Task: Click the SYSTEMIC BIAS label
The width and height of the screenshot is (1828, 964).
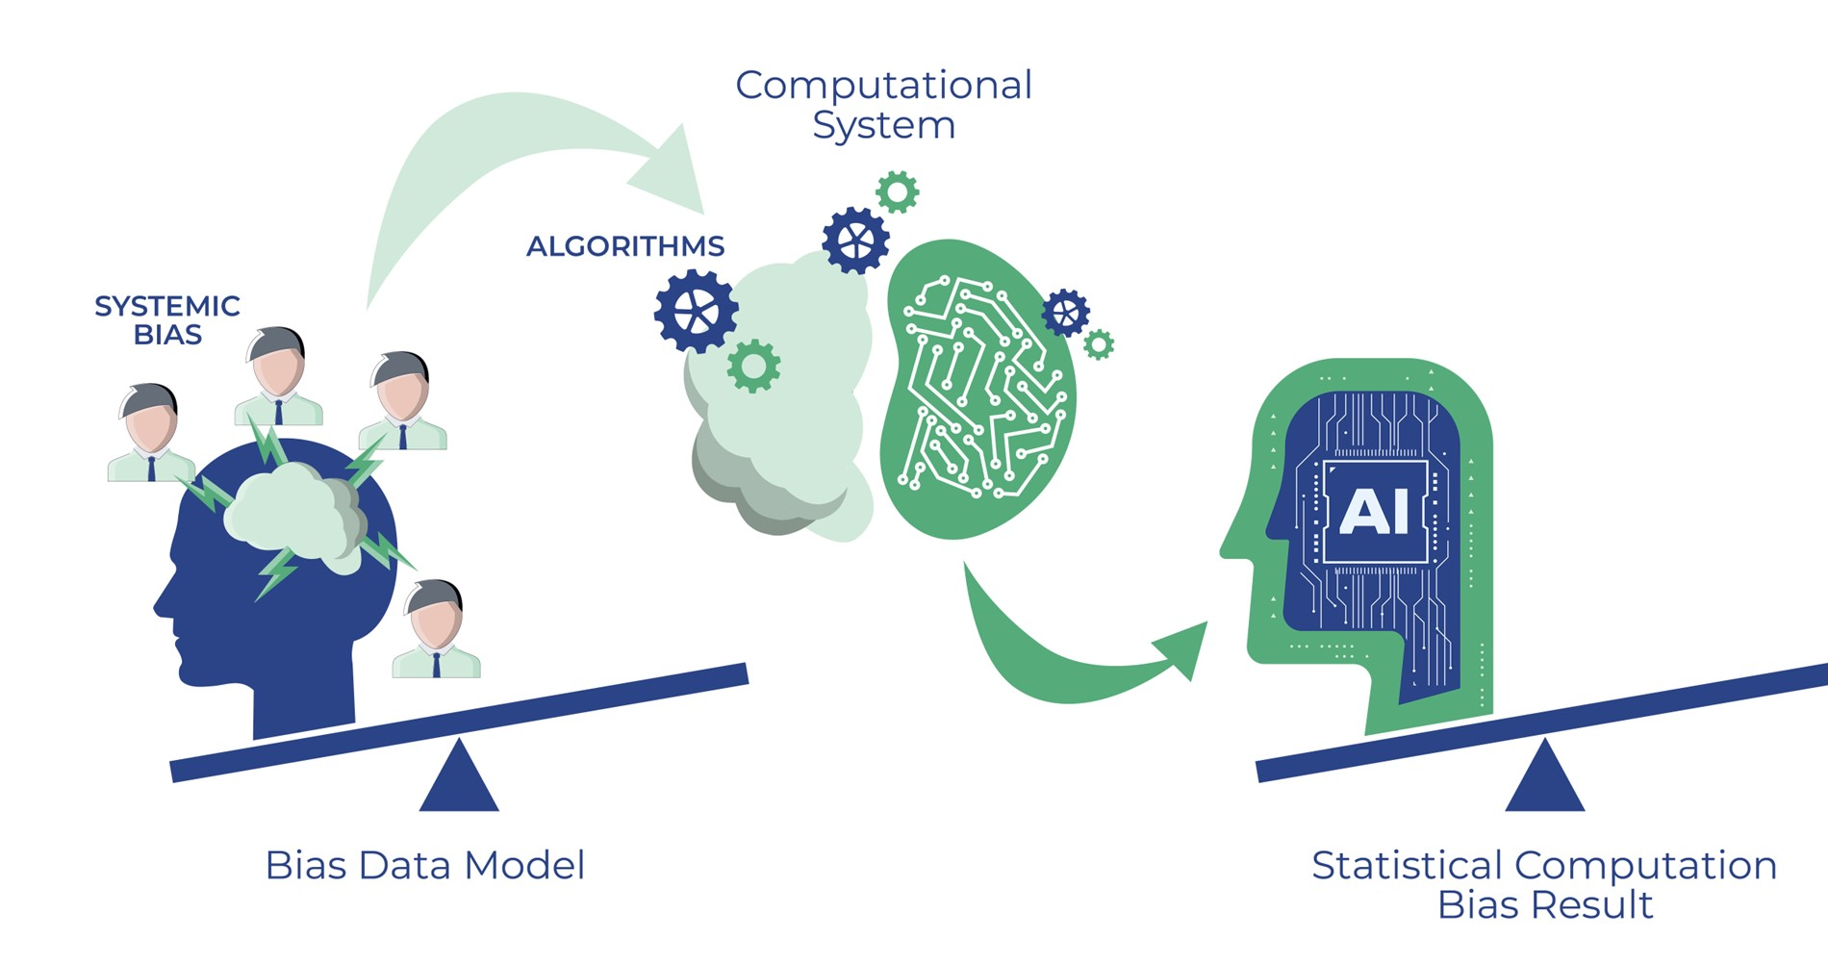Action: pos(166,320)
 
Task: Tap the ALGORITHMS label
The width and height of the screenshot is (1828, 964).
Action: pos(625,246)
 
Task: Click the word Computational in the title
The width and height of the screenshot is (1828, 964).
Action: pos(883,85)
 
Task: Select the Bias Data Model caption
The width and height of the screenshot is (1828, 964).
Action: pos(424,865)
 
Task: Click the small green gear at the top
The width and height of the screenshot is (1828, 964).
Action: pos(897,192)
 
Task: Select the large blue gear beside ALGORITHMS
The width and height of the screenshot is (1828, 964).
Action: pos(696,311)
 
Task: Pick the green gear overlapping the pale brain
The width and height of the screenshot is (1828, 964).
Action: pos(753,366)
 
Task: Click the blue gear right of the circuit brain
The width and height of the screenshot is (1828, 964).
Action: pos(1065,312)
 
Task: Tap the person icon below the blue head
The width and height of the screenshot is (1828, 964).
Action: pos(436,630)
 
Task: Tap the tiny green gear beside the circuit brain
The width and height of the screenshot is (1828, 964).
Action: pos(1098,343)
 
